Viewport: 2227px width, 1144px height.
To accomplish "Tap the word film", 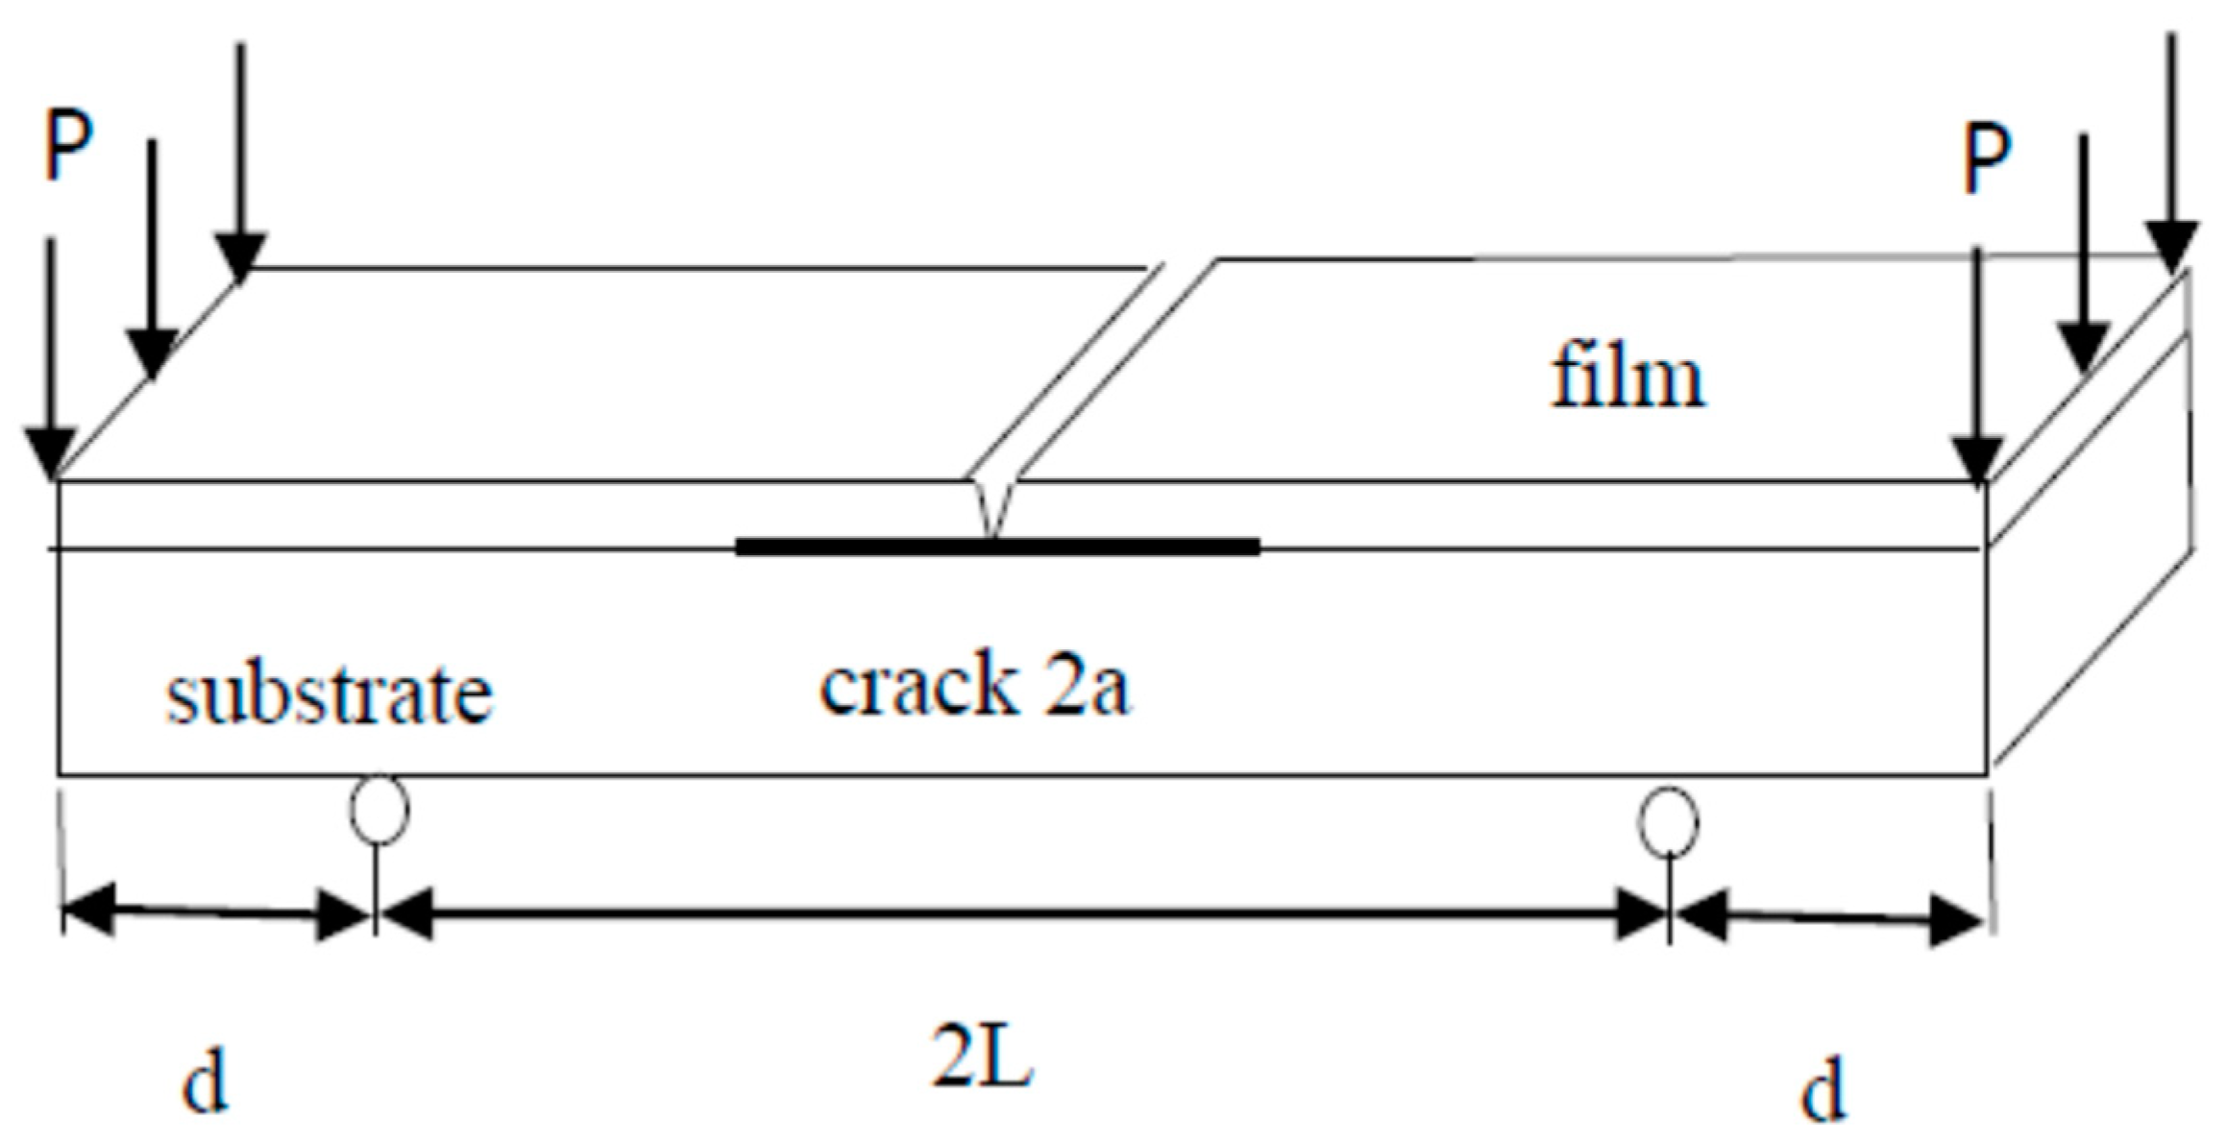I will click(x=1627, y=377).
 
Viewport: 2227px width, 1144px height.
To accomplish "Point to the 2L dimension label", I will click(x=981, y=1057).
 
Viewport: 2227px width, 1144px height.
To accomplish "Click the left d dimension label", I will click(x=205, y=1083).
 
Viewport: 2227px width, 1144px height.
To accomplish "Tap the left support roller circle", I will click(x=379, y=810).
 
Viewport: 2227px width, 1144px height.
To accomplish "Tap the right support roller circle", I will click(x=1668, y=822).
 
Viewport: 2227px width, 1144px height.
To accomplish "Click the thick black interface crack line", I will click(x=997, y=547).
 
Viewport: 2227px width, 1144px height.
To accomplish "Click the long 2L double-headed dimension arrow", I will click(x=1022, y=914).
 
